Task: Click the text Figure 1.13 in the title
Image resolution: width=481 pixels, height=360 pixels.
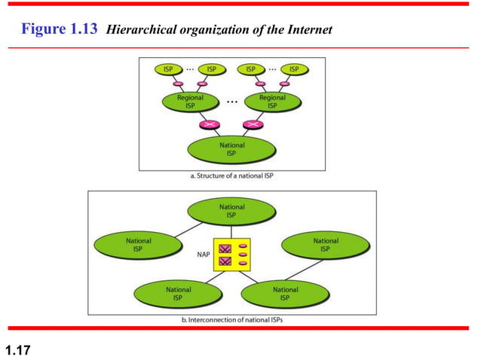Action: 60,29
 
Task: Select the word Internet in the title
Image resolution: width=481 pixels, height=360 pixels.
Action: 309,30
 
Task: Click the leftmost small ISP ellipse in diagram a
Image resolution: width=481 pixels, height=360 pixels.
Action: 168,69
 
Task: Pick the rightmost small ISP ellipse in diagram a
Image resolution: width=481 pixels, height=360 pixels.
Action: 294,69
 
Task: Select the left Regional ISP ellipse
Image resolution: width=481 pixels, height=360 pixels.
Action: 189,102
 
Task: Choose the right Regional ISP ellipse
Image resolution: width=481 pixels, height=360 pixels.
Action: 272,102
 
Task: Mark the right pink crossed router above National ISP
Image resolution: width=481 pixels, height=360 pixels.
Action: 253,124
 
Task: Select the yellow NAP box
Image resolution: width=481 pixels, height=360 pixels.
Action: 231,255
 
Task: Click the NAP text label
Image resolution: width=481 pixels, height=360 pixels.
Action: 204,255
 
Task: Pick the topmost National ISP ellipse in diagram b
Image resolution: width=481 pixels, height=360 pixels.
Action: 231,211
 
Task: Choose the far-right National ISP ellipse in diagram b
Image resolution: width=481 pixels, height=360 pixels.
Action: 325,246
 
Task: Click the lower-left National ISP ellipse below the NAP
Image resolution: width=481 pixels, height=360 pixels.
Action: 178,294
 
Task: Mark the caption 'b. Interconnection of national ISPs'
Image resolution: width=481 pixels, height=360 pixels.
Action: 232,321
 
